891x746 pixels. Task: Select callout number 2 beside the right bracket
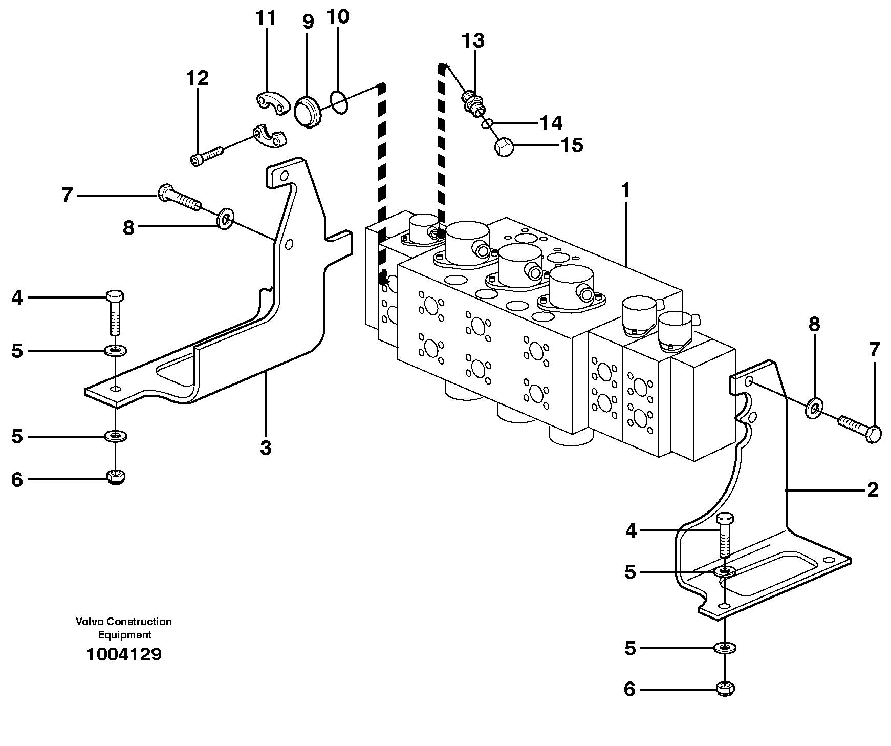pos(872,490)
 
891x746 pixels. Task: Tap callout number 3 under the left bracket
pos(265,447)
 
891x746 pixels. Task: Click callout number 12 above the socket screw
pos(198,78)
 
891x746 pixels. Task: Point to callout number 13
pos(473,40)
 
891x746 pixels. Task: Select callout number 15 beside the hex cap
pos(572,145)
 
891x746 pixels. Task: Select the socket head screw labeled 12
pos(207,155)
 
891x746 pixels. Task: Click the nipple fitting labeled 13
pos(473,101)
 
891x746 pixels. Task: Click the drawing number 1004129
pos(124,654)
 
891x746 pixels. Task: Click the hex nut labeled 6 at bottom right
pos(725,689)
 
